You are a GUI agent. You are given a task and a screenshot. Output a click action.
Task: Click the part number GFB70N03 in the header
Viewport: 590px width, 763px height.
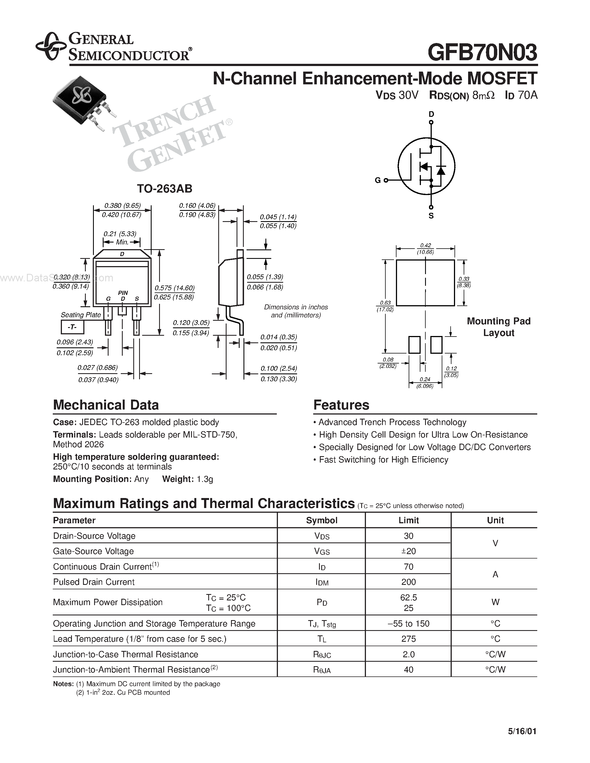(482, 53)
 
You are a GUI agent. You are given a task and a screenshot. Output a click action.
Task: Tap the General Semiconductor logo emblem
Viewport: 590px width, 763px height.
(51, 46)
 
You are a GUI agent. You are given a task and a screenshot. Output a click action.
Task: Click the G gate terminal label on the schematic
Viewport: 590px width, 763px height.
(378, 180)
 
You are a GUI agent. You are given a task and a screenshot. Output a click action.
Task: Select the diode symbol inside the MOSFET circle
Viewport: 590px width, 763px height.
(441, 170)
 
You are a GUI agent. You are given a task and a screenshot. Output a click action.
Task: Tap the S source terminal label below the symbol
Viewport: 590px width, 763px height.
(431, 216)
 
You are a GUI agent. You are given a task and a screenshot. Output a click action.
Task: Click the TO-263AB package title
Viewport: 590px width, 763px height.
(164, 189)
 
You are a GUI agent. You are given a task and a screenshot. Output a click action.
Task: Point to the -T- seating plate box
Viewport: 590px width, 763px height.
(72, 327)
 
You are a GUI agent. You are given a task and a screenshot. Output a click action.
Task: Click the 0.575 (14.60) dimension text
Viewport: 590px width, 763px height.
(174, 288)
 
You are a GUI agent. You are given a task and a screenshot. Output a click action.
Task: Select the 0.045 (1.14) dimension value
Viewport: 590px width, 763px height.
(278, 217)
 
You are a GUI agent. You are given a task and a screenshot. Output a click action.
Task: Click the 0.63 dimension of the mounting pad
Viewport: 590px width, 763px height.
(385, 303)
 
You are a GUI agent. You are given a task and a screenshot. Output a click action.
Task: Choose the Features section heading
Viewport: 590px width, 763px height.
(341, 405)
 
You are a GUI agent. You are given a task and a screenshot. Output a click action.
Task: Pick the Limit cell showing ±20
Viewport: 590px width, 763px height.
(408, 551)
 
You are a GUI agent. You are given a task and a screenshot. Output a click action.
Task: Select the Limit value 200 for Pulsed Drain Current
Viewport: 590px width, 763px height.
(408, 582)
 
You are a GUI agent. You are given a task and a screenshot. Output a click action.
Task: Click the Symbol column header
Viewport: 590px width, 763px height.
(322, 520)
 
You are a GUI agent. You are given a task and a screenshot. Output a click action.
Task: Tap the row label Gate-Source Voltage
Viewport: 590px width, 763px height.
(93, 551)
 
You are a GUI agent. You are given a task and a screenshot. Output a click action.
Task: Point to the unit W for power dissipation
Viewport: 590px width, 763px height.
(495, 602)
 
